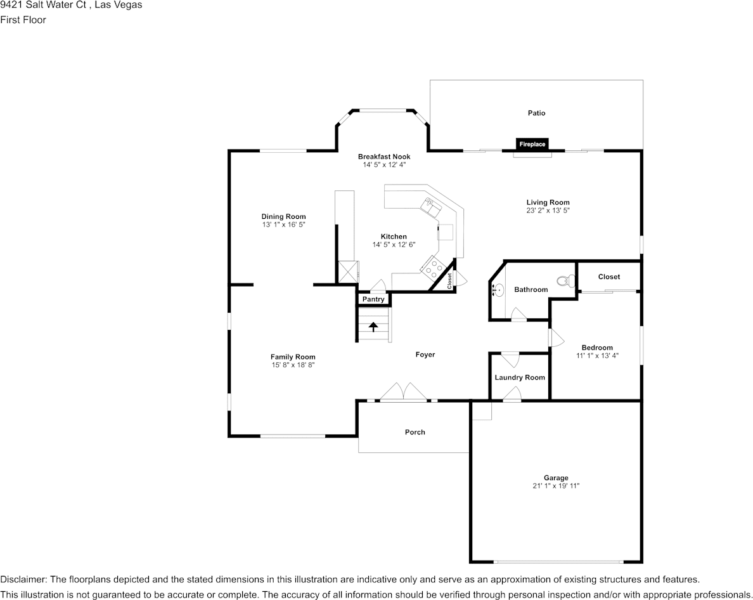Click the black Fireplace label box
tap(532, 144)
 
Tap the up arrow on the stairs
tap(373, 327)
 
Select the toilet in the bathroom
tap(563, 281)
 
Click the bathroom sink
tap(498, 290)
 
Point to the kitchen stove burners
tap(432, 268)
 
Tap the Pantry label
tap(373, 299)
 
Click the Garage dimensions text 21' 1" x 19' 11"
tap(556, 486)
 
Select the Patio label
tap(536, 113)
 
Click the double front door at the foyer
tap(404, 393)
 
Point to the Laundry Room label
tap(520, 377)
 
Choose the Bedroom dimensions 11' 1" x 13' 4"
tap(597, 356)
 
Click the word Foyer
tap(425, 355)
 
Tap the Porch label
tap(415, 432)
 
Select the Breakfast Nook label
tap(384, 157)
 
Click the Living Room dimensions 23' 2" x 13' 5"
tap(548, 210)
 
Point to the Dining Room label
tap(283, 216)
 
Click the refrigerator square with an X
tap(347, 271)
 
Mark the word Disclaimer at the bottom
tap(23, 579)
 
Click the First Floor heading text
tap(23, 20)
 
